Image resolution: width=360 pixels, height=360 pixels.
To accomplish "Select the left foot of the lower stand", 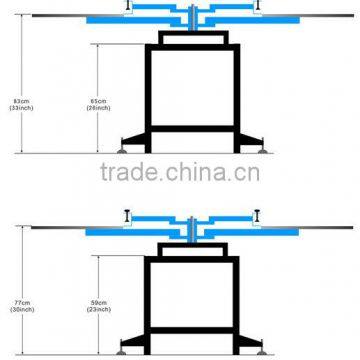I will click(x=124, y=352).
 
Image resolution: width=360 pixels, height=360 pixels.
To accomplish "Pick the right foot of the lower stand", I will click(x=259, y=352).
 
